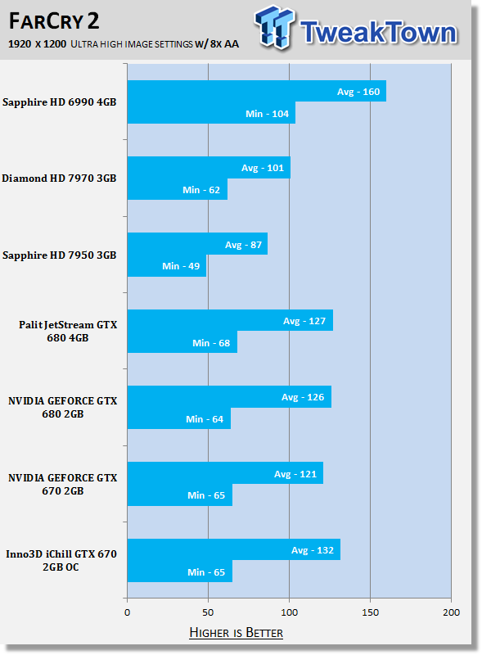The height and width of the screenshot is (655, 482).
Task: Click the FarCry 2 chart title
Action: (x=54, y=21)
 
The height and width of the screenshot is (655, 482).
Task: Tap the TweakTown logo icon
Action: (x=274, y=27)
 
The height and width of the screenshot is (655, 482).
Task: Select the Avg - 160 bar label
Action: (x=358, y=92)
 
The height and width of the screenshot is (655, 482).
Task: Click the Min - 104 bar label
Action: (x=267, y=114)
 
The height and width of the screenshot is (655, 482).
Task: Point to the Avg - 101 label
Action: (x=263, y=168)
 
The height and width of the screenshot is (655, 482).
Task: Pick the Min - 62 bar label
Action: (x=201, y=190)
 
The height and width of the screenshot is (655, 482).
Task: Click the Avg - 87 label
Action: (x=243, y=245)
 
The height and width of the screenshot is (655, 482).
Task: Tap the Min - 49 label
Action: (x=181, y=266)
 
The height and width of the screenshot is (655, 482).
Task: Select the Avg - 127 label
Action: (x=304, y=321)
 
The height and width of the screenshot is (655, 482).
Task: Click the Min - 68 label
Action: (x=211, y=343)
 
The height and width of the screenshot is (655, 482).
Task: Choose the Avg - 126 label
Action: (x=303, y=397)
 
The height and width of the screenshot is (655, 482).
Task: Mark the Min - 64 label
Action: (x=205, y=419)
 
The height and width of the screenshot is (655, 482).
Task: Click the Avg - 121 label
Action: (x=295, y=474)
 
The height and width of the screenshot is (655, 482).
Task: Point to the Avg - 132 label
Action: (x=313, y=550)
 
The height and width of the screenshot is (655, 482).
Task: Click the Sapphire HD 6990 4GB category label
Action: (x=59, y=102)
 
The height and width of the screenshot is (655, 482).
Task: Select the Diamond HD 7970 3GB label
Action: (x=59, y=178)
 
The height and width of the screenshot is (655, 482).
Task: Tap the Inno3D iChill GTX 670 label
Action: (x=61, y=554)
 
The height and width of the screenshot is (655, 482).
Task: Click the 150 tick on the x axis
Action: (x=370, y=612)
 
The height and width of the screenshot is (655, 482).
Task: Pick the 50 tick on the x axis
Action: (x=208, y=612)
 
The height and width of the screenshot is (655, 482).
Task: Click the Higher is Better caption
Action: (x=236, y=632)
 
